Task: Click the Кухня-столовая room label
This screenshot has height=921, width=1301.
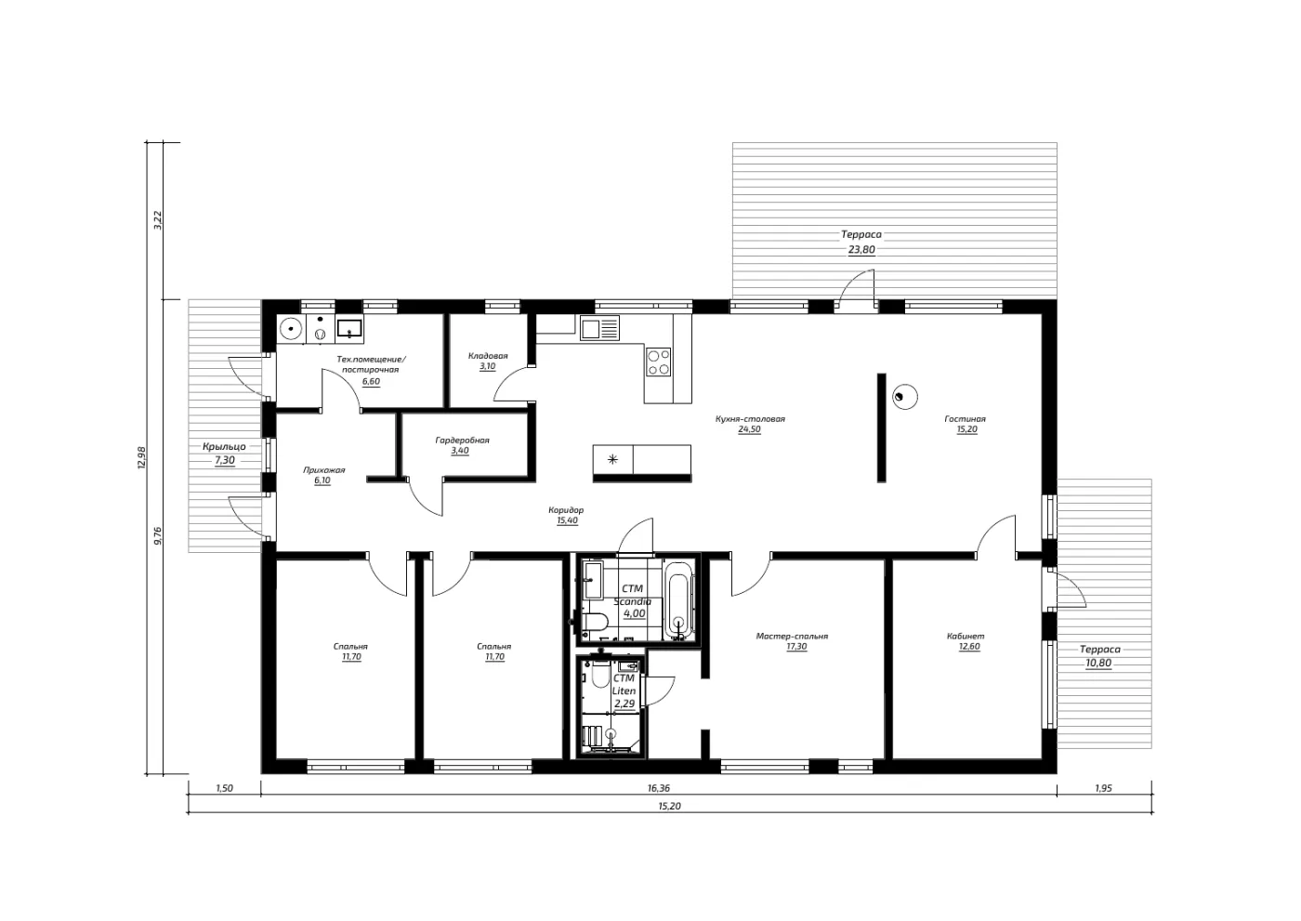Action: [750, 419]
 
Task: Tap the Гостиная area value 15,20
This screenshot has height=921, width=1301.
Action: [967, 429]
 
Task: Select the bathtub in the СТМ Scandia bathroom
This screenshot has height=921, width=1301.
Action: [678, 599]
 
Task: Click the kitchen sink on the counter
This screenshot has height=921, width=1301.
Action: [599, 328]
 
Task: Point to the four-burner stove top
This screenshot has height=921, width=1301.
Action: [659, 362]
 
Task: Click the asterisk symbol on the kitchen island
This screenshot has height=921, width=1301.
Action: [612, 460]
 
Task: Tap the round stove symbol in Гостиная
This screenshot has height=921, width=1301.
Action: [905, 397]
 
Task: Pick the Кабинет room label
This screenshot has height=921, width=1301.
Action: [966, 636]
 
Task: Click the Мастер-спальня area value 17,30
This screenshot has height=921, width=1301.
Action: [796, 646]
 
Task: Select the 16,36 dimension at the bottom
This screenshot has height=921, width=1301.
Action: [659, 788]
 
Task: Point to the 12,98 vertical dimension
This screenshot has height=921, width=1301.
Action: [141, 457]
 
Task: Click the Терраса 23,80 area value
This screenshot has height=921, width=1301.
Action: [861, 250]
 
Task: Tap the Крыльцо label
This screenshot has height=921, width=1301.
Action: [224, 447]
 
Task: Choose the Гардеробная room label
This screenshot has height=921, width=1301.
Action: [463, 441]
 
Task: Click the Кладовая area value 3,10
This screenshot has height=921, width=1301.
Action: [487, 366]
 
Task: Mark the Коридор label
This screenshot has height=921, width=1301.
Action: [566, 510]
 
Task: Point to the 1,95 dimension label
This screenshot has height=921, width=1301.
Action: [1104, 788]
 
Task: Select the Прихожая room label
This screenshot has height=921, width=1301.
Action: [324, 470]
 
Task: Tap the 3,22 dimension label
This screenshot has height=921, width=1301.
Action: [158, 220]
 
